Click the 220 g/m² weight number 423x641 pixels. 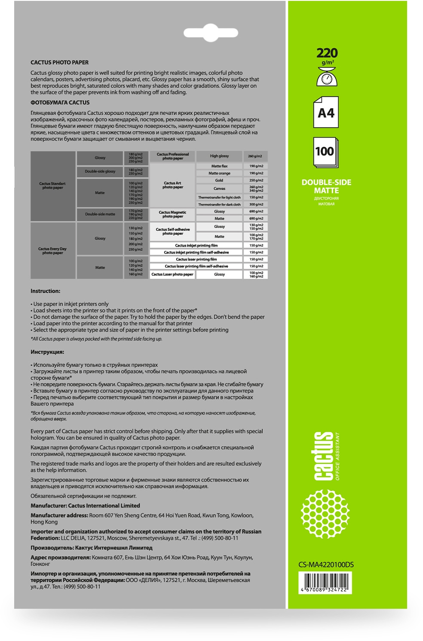tap(327, 53)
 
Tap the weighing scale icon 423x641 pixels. tap(327, 77)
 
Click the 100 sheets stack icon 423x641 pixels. tap(325, 153)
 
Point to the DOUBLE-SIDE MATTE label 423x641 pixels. tap(326, 186)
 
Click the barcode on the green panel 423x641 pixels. tap(326, 585)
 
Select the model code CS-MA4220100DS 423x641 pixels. tap(326, 565)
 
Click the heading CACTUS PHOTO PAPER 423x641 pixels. tap(59, 63)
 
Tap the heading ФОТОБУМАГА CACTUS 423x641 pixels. tap(60, 103)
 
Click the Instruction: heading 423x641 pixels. tap(45, 291)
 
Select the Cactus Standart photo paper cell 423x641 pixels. tap(52, 186)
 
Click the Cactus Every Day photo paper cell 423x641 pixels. tap(52, 251)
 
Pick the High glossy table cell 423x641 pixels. tap(219, 156)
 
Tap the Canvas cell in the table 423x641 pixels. tap(219, 189)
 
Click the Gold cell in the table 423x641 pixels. tap(219, 180)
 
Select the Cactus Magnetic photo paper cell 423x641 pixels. tap(172, 214)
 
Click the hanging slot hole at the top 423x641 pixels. tap(211, 33)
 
